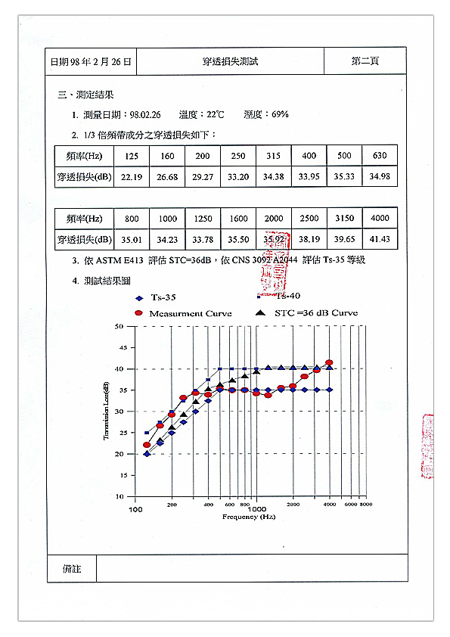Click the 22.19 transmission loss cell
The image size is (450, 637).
click(x=132, y=177)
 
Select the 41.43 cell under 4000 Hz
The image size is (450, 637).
click(x=380, y=239)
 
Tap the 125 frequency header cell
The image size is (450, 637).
click(x=132, y=156)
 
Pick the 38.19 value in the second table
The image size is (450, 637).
click(x=309, y=239)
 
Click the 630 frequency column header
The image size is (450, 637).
click(x=380, y=156)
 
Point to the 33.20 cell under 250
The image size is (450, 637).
click(x=237, y=177)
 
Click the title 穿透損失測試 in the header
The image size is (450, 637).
click(x=231, y=61)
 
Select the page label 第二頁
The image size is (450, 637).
click(x=365, y=61)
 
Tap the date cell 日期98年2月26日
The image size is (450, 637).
click(x=90, y=61)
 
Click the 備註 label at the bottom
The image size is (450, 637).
click(x=73, y=568)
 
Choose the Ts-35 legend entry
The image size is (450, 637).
click(x=163, y=298)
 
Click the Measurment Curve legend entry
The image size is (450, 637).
click(x=189, y=313)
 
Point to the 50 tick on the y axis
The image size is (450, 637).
click(x=119, y=327)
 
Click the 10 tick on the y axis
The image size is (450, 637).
click(x=119, y=497)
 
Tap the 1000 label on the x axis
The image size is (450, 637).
click(x=257, y=509)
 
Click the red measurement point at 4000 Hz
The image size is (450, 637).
click(x=329, y=363)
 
